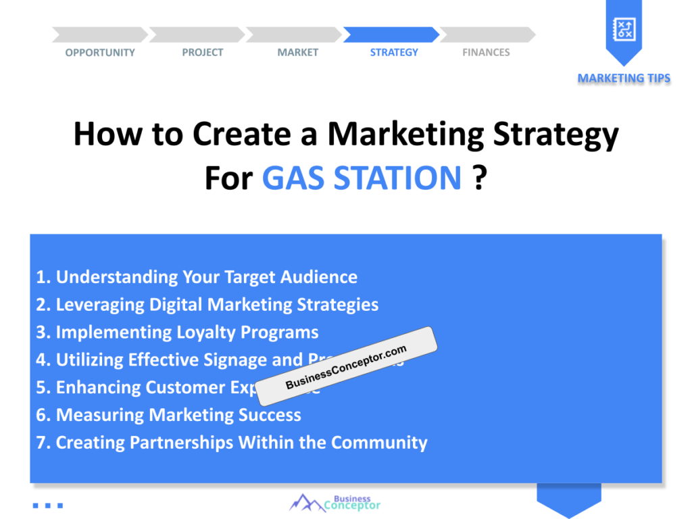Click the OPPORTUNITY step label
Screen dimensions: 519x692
tap(100, 53)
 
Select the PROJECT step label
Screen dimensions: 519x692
tap(202, 53)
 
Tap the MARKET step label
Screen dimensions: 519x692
tap(297, 53)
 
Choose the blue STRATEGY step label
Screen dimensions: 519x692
tap(394, 53)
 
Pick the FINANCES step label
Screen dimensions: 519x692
tap(486, 53)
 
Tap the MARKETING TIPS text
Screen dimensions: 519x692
tap(624, 78)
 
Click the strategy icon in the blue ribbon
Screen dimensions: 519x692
tap(623, 28)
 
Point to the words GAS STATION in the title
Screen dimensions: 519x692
tap(362, 178)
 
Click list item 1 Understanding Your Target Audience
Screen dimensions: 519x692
tap(197, 277)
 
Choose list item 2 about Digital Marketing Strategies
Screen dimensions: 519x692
tap(207, 305)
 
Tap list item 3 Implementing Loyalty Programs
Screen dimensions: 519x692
tap(177, 332)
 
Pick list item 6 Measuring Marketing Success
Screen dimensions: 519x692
tap(168, 415)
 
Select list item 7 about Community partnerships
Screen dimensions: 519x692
tap(232, 443)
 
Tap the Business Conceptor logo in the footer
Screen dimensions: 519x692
tap(335, 503)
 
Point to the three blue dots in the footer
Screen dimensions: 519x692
tap(48, 505)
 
